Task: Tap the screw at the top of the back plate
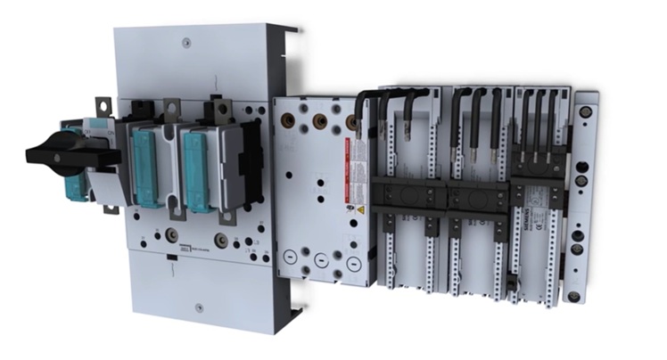pyautogui.click(x=184, y=40)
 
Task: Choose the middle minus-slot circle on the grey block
pyautogui.click(x=321, y=262)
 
